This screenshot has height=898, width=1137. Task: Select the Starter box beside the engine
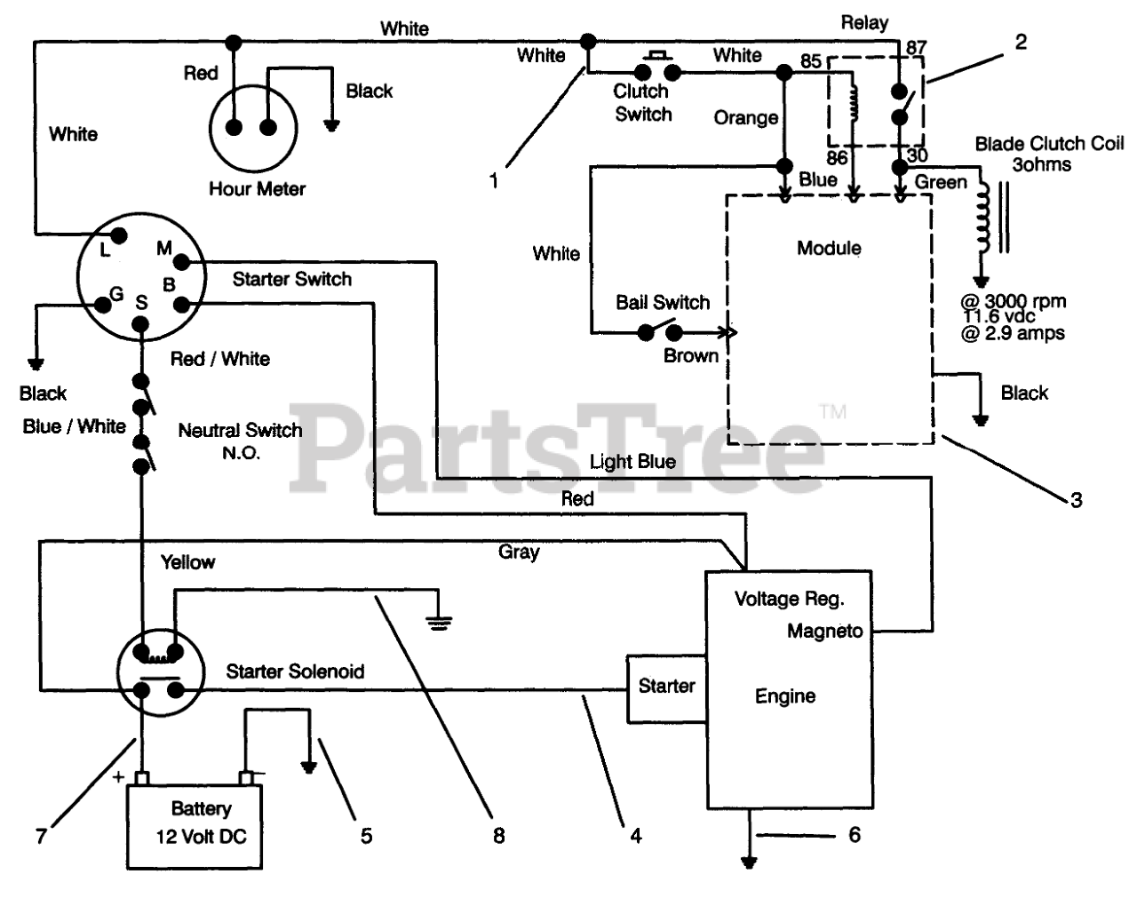coord(666,689)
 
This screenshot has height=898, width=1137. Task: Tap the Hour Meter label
coord(258,189)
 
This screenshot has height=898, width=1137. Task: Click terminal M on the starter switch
coord(181,261)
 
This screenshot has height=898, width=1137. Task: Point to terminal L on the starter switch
coord(119,235)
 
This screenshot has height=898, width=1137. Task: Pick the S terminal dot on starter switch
coord(140,324)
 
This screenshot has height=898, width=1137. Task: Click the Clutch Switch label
coord(642,102)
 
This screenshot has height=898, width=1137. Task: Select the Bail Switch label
coord(663,303)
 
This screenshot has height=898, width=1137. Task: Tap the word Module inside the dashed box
coord(829,248)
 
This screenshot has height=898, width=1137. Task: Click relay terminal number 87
coord(917,48)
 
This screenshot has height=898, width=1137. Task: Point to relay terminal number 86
coord(837,157)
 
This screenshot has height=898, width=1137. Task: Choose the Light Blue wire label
coord(632,462)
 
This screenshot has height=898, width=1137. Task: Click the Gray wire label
coord(519,552)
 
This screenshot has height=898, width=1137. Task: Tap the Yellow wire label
coord(188,562)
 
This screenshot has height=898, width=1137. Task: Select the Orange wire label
coord(746,118)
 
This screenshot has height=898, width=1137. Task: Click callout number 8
coord(498,836)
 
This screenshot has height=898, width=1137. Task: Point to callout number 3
coord(1077,500)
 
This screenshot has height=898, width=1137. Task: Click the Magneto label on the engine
coord(824,631)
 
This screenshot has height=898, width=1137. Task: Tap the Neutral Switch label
coord(241,441)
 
